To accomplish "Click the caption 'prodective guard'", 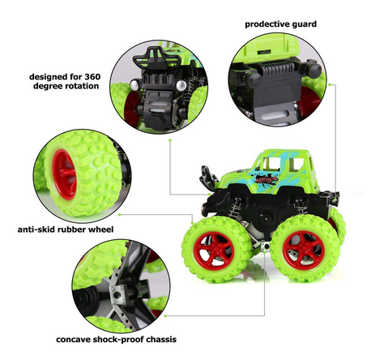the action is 280,24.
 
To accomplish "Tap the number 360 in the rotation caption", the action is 92,77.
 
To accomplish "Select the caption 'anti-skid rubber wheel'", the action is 66,229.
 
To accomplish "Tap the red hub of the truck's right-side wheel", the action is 303,250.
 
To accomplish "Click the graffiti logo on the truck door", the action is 266,179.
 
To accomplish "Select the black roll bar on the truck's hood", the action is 208,178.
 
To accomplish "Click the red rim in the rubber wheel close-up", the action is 64,174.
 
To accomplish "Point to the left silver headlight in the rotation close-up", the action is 135,84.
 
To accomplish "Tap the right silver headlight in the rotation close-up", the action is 182,86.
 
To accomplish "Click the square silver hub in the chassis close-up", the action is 118,294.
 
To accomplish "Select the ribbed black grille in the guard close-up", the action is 277,68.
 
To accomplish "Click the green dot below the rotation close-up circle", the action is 170,140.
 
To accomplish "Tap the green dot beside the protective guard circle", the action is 330,84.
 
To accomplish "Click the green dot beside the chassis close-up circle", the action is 165,315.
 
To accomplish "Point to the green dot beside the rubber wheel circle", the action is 119,215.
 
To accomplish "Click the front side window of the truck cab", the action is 271,165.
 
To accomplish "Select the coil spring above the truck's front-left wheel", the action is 235,208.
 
